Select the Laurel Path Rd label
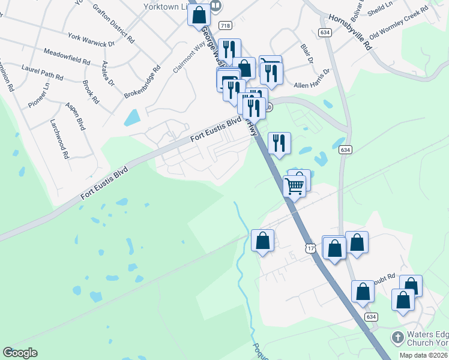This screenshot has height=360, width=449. click(42, 73)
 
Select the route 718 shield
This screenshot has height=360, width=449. click(225, 25)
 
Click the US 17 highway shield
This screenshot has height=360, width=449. click(310, 248)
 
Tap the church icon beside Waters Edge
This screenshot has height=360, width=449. click(397, 337)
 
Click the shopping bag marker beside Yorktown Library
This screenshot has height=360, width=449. click(199, 14)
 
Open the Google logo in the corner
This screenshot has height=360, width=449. click(20, 353)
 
